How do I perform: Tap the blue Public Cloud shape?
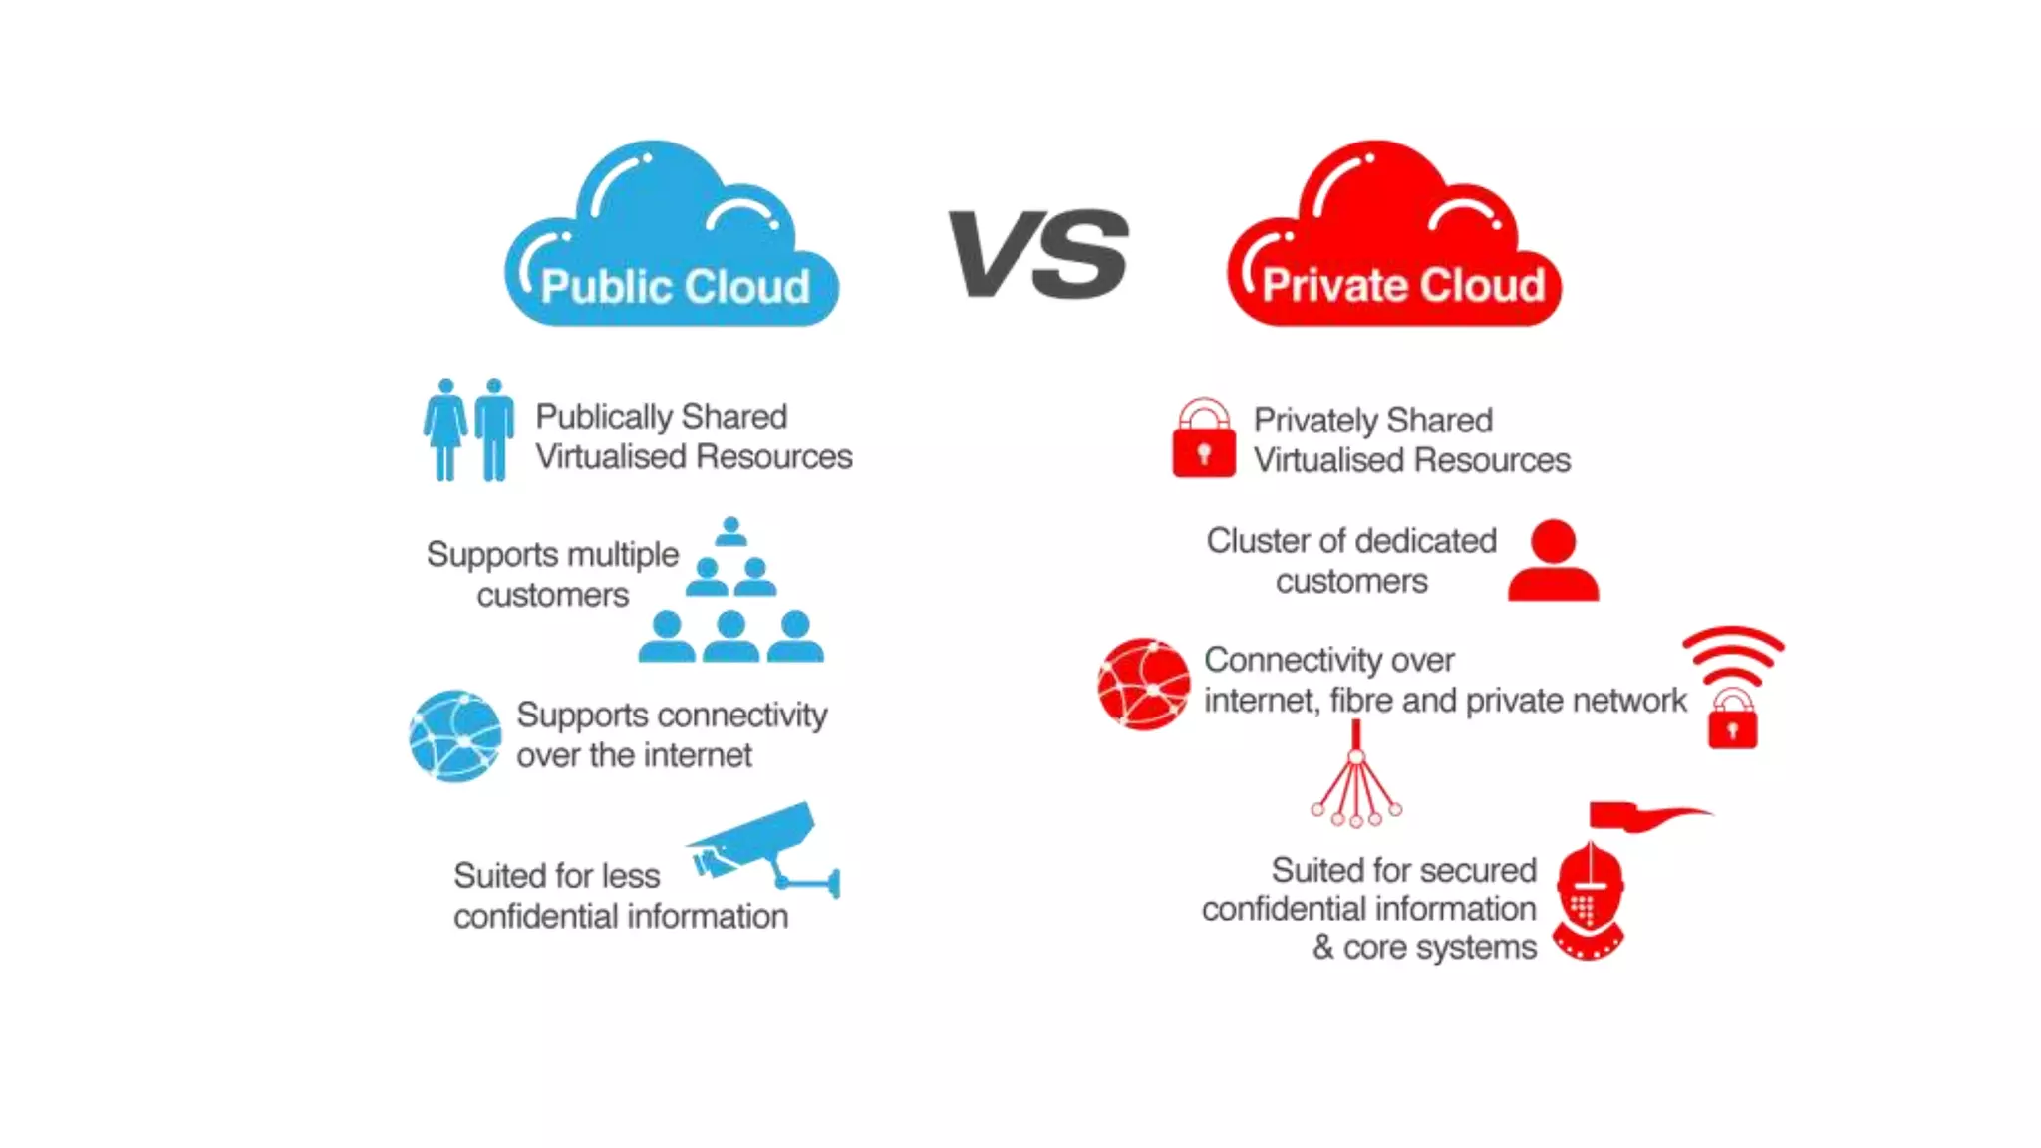tap(673, 239)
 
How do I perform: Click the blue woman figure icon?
tap(444, 429)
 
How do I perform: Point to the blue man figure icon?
tap(494, 429)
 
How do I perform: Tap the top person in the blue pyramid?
tap(730, 531)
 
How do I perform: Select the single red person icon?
tap(1553, 560)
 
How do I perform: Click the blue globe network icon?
tap(455, 735)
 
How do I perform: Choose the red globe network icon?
tap(1143, 684)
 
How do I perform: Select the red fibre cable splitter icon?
tap(1355, 777)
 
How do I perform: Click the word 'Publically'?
tap(604, 417)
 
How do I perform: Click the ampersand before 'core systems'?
tap(1322, 947)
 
